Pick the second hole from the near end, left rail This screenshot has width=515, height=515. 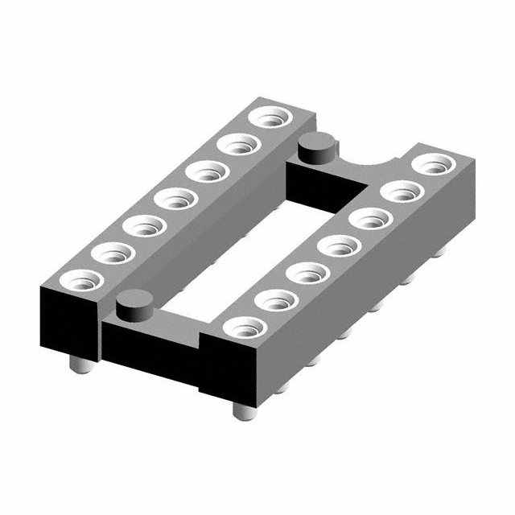[x=113, y=253]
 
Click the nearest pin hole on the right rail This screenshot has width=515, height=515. [x=244, y=328]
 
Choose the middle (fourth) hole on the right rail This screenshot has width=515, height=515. [x=338, y=245]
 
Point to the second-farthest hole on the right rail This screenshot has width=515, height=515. [x=402, y=192]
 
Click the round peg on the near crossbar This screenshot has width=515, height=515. [x=134, y=303]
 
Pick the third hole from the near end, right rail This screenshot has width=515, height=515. [x=308, y=274]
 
